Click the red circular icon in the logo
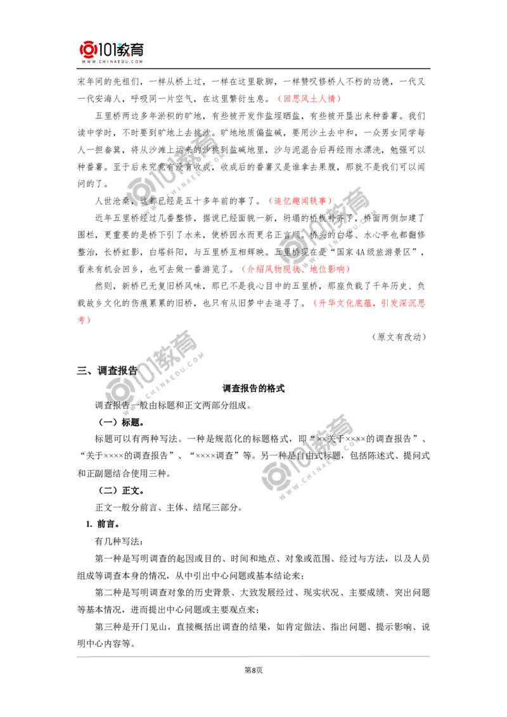(x=87, y=49)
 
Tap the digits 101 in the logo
(x=105, y=49)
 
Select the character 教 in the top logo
(x=124, y=49)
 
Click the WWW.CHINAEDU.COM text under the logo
(x=111, y=62)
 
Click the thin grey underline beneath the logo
(x=112, y=70)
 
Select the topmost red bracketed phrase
(x=309, y=99)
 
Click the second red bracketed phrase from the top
(x=300, y=200)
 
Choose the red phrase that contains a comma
(x=295, y=269)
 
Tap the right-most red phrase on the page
(x=369, y=304)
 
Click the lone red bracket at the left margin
(x=83, y=320)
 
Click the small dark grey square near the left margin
(x=84, y=370)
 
